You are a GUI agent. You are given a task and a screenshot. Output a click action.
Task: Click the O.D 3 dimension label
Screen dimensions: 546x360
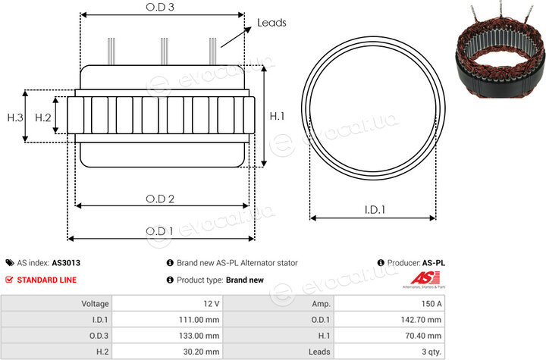[x=160, y=7]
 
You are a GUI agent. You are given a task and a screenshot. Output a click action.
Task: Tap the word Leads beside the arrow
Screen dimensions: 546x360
[x=271, y=23]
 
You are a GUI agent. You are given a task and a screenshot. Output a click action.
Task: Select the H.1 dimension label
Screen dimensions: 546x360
[x=278, y=116]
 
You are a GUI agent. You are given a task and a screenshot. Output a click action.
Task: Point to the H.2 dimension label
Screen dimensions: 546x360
[x=42, y=117]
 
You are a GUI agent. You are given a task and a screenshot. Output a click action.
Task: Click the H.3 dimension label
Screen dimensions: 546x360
[x=15, y=117]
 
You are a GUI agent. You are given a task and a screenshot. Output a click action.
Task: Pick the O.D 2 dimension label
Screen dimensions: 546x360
[x=160, y=199]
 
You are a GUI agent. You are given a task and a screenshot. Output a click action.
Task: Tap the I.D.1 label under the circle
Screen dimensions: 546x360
[x=375, y=210]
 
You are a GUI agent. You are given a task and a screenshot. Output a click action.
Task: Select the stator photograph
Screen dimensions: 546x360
[x=500, y=52]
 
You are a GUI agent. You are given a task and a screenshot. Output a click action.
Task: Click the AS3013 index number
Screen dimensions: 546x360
[x=66, y=263]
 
